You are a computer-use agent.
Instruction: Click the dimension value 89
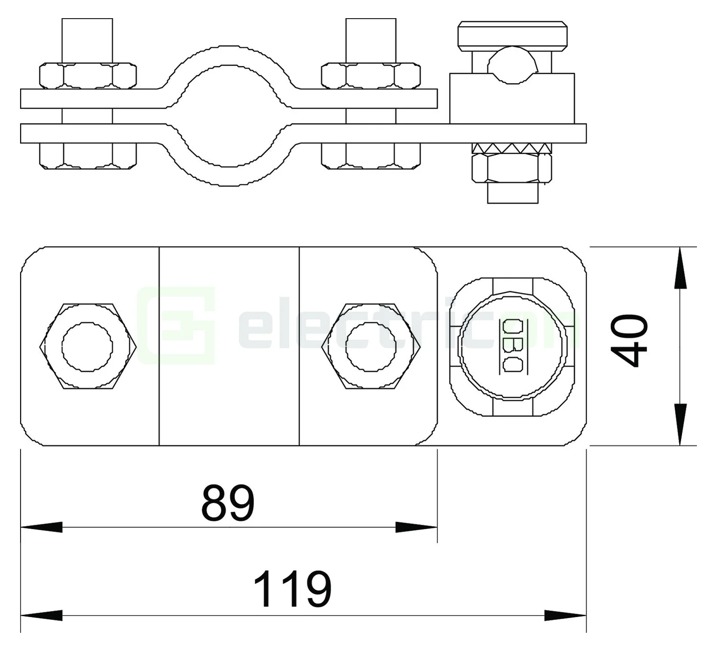[x=228, y=503]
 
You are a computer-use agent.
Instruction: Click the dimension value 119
[x=292, y=589]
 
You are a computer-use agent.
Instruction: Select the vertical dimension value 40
[x=630, y=340]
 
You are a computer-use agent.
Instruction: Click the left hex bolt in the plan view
[x=87, y=346]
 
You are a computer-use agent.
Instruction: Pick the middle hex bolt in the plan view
[x=371, y=346]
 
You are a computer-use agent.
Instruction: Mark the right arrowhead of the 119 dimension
[x=565, y=615]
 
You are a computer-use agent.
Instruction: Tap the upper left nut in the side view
[x=87, y=75]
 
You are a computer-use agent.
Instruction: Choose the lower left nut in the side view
[x=87, y=156]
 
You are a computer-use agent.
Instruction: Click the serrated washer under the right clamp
[x=512, y=148]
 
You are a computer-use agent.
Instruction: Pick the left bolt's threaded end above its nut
[x=87, y=40]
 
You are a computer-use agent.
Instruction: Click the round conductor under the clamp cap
[x=512, y=64]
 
